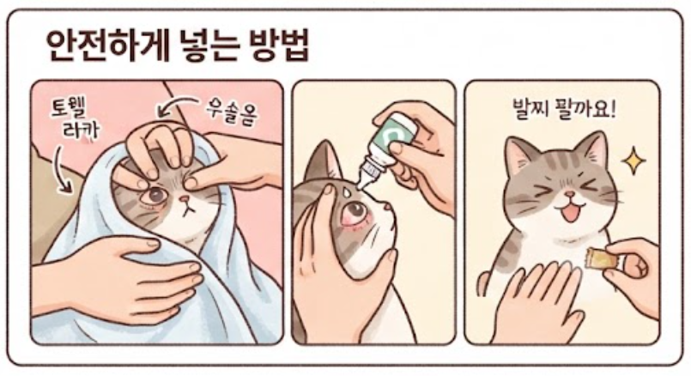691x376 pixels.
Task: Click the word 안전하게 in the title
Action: [107, 45]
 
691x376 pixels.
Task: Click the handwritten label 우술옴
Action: [232, 112]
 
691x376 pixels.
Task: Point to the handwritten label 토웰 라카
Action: [75, 118]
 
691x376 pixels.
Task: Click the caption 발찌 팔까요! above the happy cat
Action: [564, 108]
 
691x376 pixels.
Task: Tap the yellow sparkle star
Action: [633, 160]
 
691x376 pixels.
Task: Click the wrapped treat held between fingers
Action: [603, 258]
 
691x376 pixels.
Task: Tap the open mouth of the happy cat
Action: [570, 213]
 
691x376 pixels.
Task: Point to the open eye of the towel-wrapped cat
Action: [155, 194]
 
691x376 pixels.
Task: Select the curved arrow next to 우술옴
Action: [176, 107]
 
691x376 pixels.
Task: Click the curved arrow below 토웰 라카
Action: [63, 170]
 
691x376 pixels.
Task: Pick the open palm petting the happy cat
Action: [538, 300]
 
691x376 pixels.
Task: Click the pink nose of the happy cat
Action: [571, 194]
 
